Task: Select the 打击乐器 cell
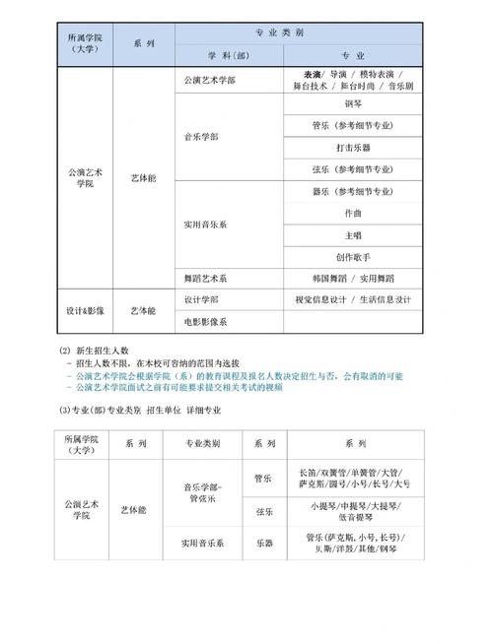352,148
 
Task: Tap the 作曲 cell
352,213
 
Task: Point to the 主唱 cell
352,235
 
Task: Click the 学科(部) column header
228,53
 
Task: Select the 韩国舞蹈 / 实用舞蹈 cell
352,279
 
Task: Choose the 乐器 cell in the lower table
263,542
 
